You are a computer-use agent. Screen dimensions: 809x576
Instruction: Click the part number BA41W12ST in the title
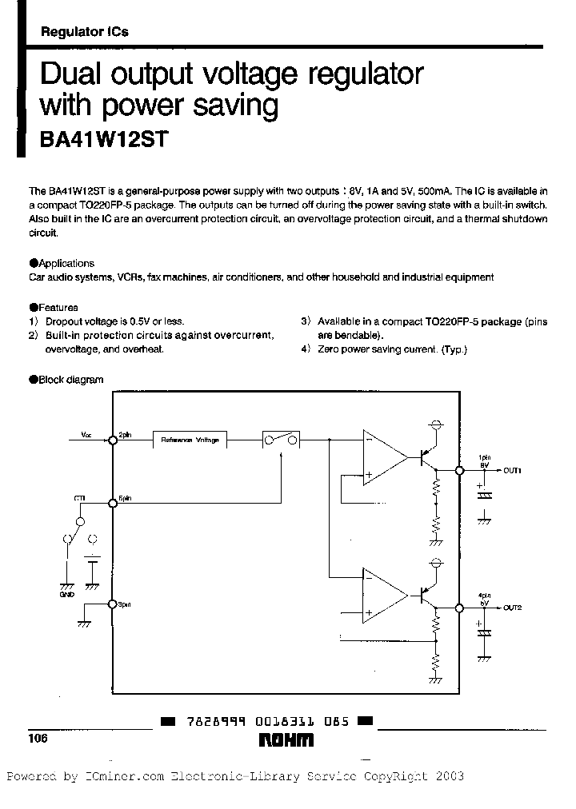coord(103,138)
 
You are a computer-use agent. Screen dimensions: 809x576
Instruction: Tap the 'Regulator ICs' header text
coord(84,32)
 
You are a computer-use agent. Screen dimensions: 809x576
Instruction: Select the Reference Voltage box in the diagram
coord(190,439)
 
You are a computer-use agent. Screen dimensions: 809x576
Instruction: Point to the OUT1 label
coord(512,471)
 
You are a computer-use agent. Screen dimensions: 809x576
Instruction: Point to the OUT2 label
coord(512,608)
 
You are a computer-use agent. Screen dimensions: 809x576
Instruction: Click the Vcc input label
coord(86,435)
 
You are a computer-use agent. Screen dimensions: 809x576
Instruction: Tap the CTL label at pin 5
coord(80,498)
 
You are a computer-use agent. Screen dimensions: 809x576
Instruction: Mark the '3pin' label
coord(124,604)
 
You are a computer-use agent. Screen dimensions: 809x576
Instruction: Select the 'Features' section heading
coord(58,307)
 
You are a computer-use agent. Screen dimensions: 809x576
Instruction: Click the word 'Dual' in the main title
coord(74,74)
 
